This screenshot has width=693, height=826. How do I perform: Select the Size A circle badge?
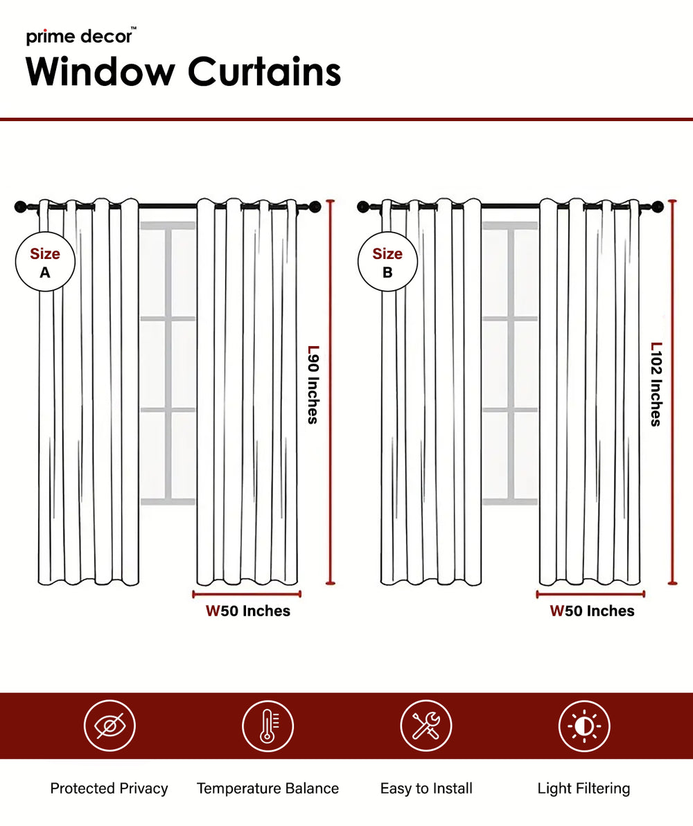[44, 263]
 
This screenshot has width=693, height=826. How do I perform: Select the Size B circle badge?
[387, 263]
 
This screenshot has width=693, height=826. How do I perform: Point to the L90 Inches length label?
[313, 384]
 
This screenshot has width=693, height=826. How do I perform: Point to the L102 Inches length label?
[656, 384]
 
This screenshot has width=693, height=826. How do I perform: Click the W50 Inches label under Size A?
[247, 611]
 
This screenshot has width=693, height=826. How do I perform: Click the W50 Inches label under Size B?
[592, 611]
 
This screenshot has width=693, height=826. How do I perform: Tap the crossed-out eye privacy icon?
[109, 726]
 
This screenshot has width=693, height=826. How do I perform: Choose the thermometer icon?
[267, 726]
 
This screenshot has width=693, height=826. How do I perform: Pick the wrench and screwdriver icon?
[426, 726]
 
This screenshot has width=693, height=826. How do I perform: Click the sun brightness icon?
[584, 726]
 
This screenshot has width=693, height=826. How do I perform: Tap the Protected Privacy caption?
[109, 788]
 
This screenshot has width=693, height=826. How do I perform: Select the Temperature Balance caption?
[267, 788]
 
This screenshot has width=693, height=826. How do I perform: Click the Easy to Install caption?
[426, 788]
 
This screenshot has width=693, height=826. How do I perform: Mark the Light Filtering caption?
[584, 788]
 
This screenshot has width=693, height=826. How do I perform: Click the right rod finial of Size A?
[315, 206]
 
